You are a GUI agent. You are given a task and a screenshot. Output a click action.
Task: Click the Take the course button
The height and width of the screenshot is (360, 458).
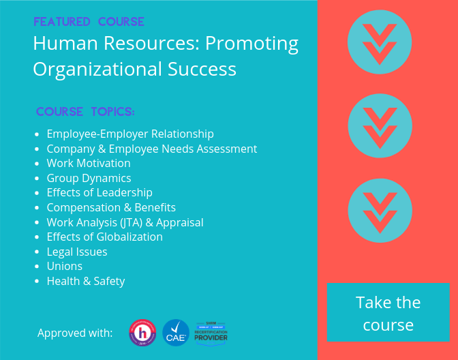tap(388, 313)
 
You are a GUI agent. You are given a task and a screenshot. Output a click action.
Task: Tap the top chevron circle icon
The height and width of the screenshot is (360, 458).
tap(380, 42)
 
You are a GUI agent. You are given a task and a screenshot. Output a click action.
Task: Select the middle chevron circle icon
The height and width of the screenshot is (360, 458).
tap(380, 125)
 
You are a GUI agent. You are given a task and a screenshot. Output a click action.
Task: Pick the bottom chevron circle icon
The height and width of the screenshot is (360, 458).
tap(380, 210)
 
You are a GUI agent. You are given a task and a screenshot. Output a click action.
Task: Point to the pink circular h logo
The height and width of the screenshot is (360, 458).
tap(142, 333)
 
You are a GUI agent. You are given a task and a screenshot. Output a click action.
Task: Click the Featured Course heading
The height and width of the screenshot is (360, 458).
tap(89, 22)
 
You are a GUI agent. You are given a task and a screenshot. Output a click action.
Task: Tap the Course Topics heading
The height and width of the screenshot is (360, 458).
tap(85, 111)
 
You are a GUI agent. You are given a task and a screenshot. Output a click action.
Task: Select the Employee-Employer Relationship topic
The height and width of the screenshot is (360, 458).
tap(130, 134)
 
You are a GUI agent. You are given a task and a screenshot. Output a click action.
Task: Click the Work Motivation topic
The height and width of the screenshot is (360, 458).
tap(89, 163)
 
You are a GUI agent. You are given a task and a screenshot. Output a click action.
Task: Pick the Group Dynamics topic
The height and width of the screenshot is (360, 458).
tap(89, 178)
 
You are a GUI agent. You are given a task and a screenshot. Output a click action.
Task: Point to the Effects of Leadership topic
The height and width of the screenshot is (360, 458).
tap(100, 192)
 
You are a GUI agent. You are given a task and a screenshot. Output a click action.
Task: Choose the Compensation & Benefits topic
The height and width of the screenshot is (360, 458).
tap(111, 207)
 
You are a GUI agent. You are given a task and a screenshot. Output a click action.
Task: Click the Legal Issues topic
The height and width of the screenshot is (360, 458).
tap(77, 252)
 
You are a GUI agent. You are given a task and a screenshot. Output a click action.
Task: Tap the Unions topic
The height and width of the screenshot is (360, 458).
tap(65, 266)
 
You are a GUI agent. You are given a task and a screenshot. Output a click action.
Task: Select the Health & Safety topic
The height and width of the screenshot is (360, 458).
tap(86, 281)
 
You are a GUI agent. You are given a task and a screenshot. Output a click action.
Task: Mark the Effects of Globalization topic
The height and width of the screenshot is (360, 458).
tap(104, 237)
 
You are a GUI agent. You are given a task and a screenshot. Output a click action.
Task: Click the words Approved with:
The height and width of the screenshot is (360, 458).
tap(75, 333)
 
